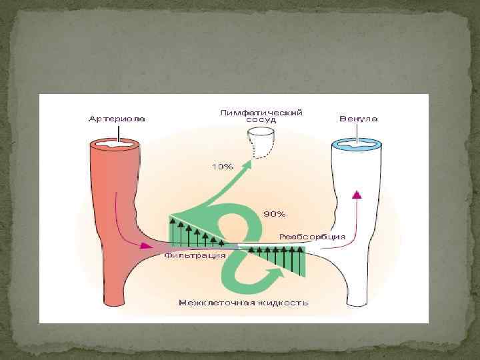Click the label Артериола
(117, 119)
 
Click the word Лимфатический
(261, 113)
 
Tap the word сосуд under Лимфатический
(261, 121)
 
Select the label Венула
(358, 119)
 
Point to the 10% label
(222, 167)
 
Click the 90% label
(275, 214)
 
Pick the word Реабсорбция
(312, 236)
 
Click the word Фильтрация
(187, 255)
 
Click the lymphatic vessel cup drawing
(261, 142)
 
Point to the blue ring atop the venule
(357, 142)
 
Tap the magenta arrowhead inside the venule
(357, 194)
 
